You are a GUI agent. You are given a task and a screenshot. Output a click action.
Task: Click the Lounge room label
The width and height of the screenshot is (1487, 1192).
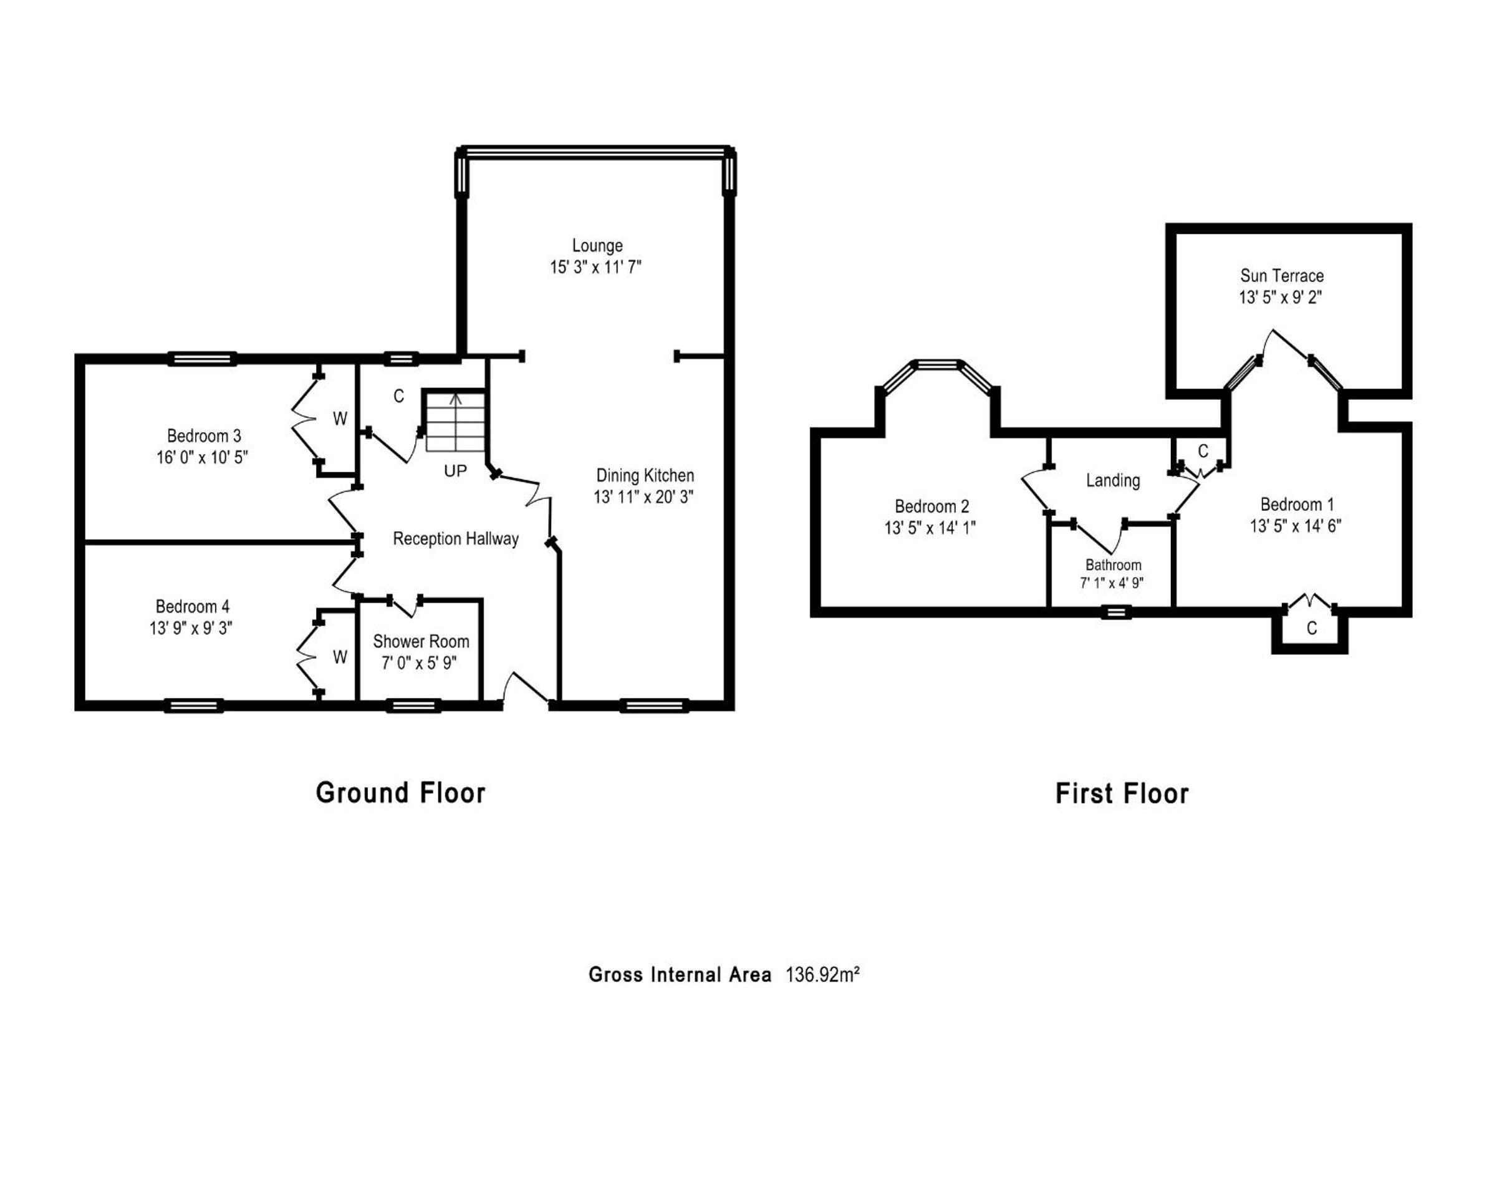pyautogui.click(x=597, y=246)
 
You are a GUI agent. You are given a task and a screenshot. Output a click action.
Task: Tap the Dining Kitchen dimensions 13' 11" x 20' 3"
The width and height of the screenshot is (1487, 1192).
pyautogui.click(x=643, y=497)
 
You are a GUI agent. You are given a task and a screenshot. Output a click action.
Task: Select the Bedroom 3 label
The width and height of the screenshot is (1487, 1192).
pyautogui.click(x=204, y=436)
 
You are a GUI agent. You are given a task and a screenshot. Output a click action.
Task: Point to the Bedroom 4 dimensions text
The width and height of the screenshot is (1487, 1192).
pyautogui.click(x=191, y=628)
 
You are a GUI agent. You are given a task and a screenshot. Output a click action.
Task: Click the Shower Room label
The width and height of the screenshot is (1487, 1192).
pyautogui.click(x=421, y=641)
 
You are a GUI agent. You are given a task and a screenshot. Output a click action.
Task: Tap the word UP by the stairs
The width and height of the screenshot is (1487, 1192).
pyautogui.click(x=455, y=471)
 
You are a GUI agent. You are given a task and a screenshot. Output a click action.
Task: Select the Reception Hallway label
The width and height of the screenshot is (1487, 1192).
pyautogui.click(x=456, y=539)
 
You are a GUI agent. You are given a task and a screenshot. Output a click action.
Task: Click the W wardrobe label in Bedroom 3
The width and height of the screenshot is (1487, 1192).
pyautogui.click(x=340, y=419)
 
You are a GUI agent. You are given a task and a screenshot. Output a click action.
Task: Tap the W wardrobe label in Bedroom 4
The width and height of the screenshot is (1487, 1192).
pyautogui.click(x=340, y=658)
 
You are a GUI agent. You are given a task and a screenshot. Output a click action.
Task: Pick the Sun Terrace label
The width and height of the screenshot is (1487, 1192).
pyautogui.click(x=1282, y=276)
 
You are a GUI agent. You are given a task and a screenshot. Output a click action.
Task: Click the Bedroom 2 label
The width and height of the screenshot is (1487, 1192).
pyautogui.click(x=931, y=507)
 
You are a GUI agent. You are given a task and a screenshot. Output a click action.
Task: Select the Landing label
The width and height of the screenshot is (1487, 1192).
pyautogui.click(x=1112, y=481)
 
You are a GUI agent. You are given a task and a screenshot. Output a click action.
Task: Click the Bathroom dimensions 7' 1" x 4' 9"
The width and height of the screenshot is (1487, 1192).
pyautogui.click(x=1112, y=583)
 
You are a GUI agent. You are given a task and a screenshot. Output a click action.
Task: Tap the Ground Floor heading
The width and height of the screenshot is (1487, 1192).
pyautogui.click(x=401, y=793)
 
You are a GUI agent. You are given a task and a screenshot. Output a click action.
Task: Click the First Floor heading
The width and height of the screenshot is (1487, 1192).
pyautogui.click(x=1122, y=794)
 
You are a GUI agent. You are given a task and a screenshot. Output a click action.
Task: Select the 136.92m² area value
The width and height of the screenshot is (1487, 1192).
pyautogui.click(x=823, y=975)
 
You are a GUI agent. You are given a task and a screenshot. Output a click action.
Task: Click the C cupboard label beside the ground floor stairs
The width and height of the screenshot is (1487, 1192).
pyautogui.click(x=398, y=397)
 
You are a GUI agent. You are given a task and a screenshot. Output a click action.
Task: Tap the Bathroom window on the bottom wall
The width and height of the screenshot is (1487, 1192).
pyautogui.click(x=1116, y=612)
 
